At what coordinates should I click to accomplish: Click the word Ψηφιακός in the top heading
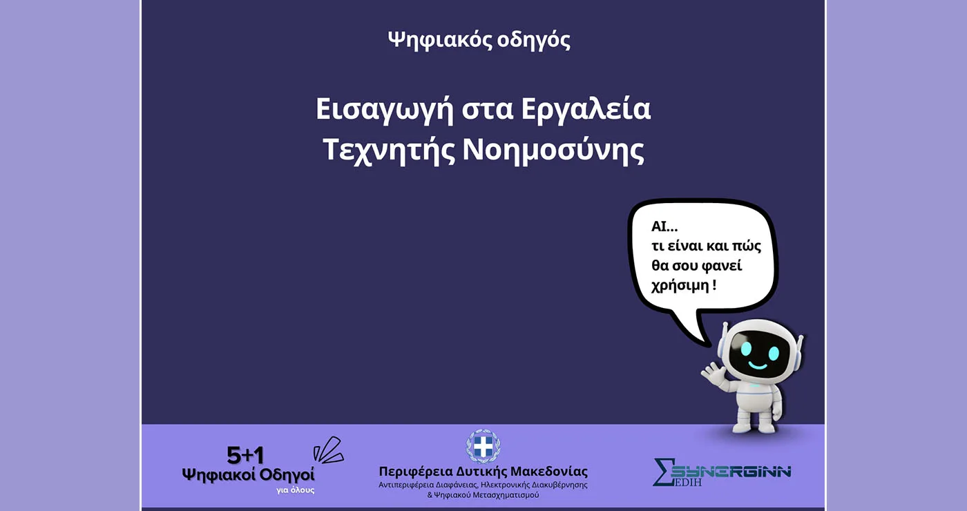[439, 40]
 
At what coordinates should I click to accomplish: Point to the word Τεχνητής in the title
[386, 151]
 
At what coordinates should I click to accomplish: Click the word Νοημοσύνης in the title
[553, 151]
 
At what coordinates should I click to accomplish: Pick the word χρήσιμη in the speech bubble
[680, 285]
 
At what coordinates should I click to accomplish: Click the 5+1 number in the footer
[245, 455]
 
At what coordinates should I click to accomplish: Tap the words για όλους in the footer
[296, 490]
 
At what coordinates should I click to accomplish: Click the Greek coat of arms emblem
[483, 446]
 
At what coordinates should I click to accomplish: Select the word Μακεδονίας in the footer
[548, 472]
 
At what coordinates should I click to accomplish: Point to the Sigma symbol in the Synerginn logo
[661, 472]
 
